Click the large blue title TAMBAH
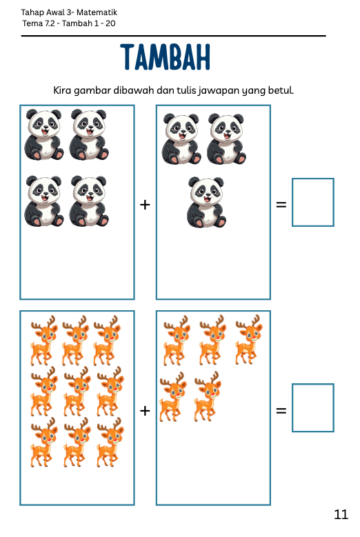coord(166,57)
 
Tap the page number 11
coord(341,514)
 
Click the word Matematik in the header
coord(97,12)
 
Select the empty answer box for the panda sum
coord(312,202)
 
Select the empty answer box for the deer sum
coord(312,407)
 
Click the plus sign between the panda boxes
coord(145,205)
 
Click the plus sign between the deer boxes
coord(145,410)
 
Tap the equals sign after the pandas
coord(281,205)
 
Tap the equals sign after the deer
coord(281,410)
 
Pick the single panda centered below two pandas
coord(206,202)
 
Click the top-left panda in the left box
coord(44,134)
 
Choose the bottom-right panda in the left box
coord(89,201)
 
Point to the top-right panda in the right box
coord(226,139)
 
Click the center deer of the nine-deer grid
coord(77,392)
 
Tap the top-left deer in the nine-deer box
coord(44,341)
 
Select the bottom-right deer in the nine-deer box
coord(110,442)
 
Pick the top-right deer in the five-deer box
coord(249,340)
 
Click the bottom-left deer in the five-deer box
coord(173,396)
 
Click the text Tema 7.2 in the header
coord(39,23)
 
